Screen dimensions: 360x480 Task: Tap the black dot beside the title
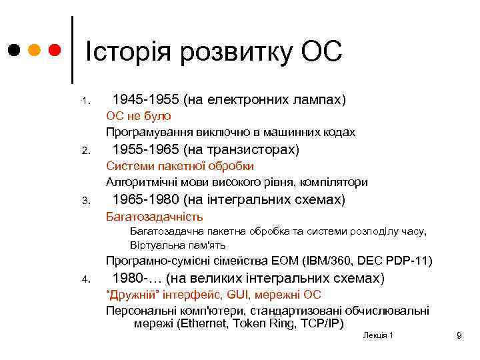point(14,51)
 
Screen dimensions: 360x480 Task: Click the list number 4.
point(86,279)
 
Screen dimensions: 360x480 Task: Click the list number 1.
point(86,102)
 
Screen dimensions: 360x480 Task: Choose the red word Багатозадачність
point(154,217)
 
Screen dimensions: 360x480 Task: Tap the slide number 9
point(459,335)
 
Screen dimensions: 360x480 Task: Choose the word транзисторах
point(255,149)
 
